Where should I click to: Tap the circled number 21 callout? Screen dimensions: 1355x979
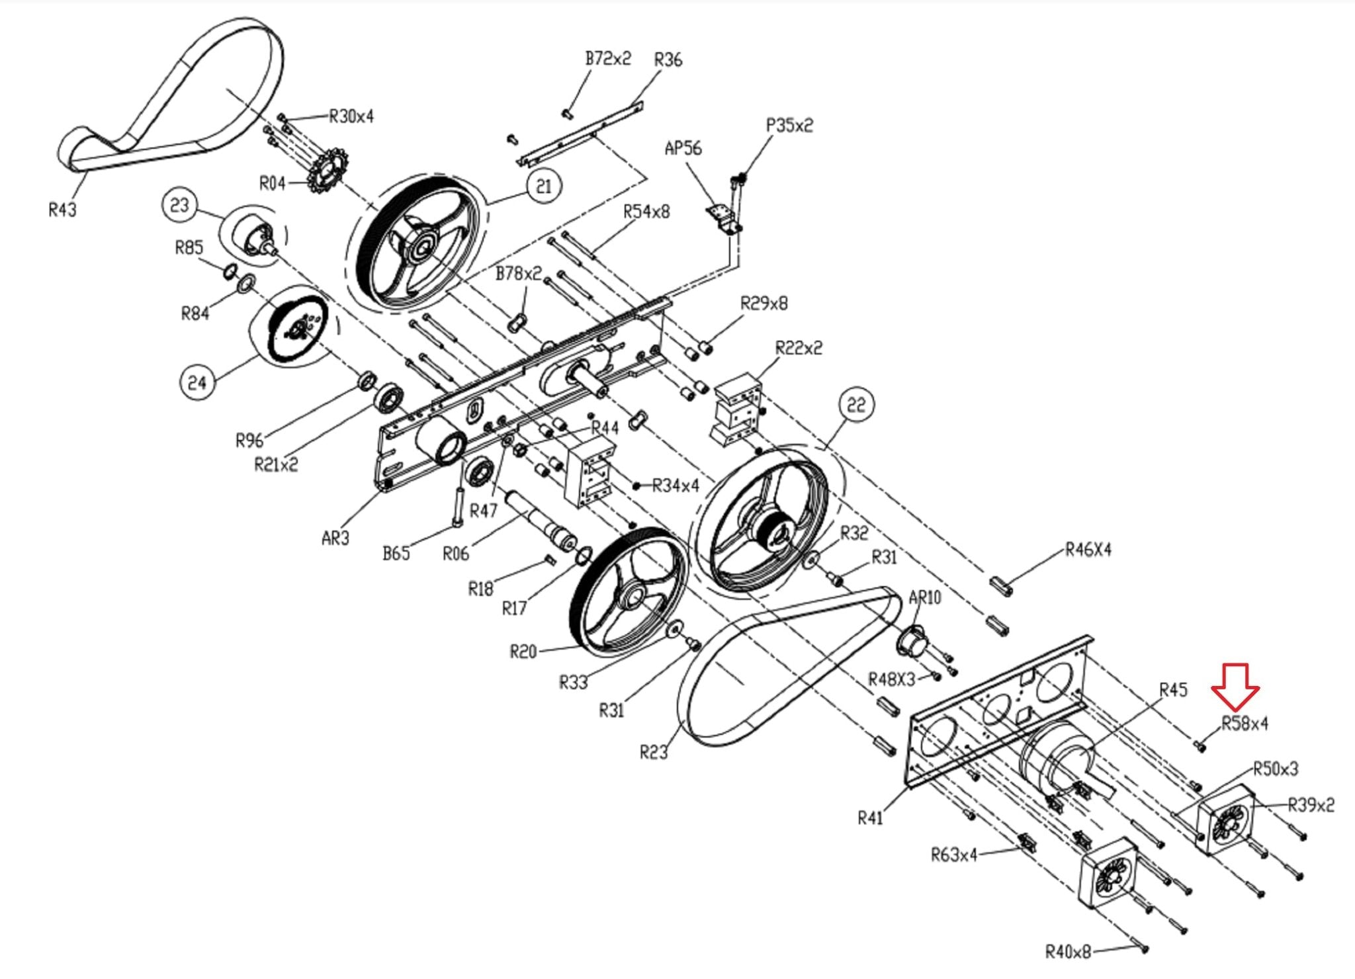[544, 186]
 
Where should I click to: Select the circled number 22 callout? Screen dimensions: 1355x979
[856, 404]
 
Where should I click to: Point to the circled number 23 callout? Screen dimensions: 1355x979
[179, 205]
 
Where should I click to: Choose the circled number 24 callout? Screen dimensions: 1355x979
[197, 382]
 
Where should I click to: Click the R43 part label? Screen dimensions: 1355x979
[62, 210]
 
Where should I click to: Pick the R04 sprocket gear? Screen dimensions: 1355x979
[324, 171]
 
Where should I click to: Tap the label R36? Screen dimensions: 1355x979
[668, 60]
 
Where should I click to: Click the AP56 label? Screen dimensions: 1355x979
[683, 148]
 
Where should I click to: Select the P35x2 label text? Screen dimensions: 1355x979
[789, 125]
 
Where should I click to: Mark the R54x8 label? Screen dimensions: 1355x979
[646, 212]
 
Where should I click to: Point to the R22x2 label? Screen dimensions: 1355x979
[799, 347]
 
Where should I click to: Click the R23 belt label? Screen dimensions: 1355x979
[654, 752]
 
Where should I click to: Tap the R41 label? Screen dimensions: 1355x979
[870, 818]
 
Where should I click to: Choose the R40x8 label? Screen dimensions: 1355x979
[1068, 952]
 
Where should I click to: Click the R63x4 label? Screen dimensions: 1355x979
[954, 855]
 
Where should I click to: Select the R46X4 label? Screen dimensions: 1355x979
[1088, 550]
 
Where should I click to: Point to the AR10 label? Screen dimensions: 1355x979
[924, 597]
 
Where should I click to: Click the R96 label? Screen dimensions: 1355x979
[249, 440]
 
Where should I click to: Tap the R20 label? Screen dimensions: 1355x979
[523, 652]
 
